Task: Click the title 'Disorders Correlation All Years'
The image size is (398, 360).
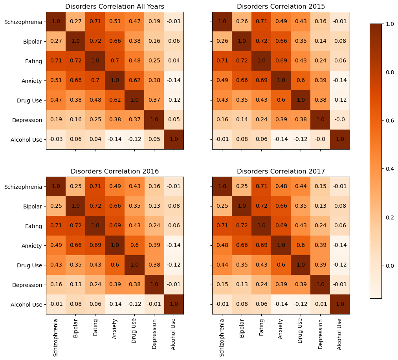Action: tap(115, 6)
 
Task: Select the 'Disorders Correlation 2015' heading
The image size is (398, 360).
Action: tap(281, 6)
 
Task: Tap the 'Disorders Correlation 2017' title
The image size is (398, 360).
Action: tap(281, 171)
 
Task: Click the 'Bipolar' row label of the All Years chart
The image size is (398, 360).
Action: tap(32, 41)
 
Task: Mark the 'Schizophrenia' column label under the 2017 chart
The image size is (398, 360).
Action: tap(222, 337)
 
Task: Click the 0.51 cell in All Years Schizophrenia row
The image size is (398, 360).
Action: tap(115, 22)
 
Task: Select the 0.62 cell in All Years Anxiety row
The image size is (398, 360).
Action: tap(134, 80)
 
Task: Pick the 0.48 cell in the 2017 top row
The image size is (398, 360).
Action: tap(281, 186)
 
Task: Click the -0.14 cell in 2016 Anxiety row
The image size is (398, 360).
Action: tap(174, 245)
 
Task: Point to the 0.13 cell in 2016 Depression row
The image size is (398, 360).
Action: tap(75, 285)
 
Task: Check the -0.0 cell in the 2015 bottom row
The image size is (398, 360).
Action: tap(320, 139)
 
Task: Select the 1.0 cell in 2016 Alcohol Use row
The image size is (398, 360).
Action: tap(174, 304)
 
